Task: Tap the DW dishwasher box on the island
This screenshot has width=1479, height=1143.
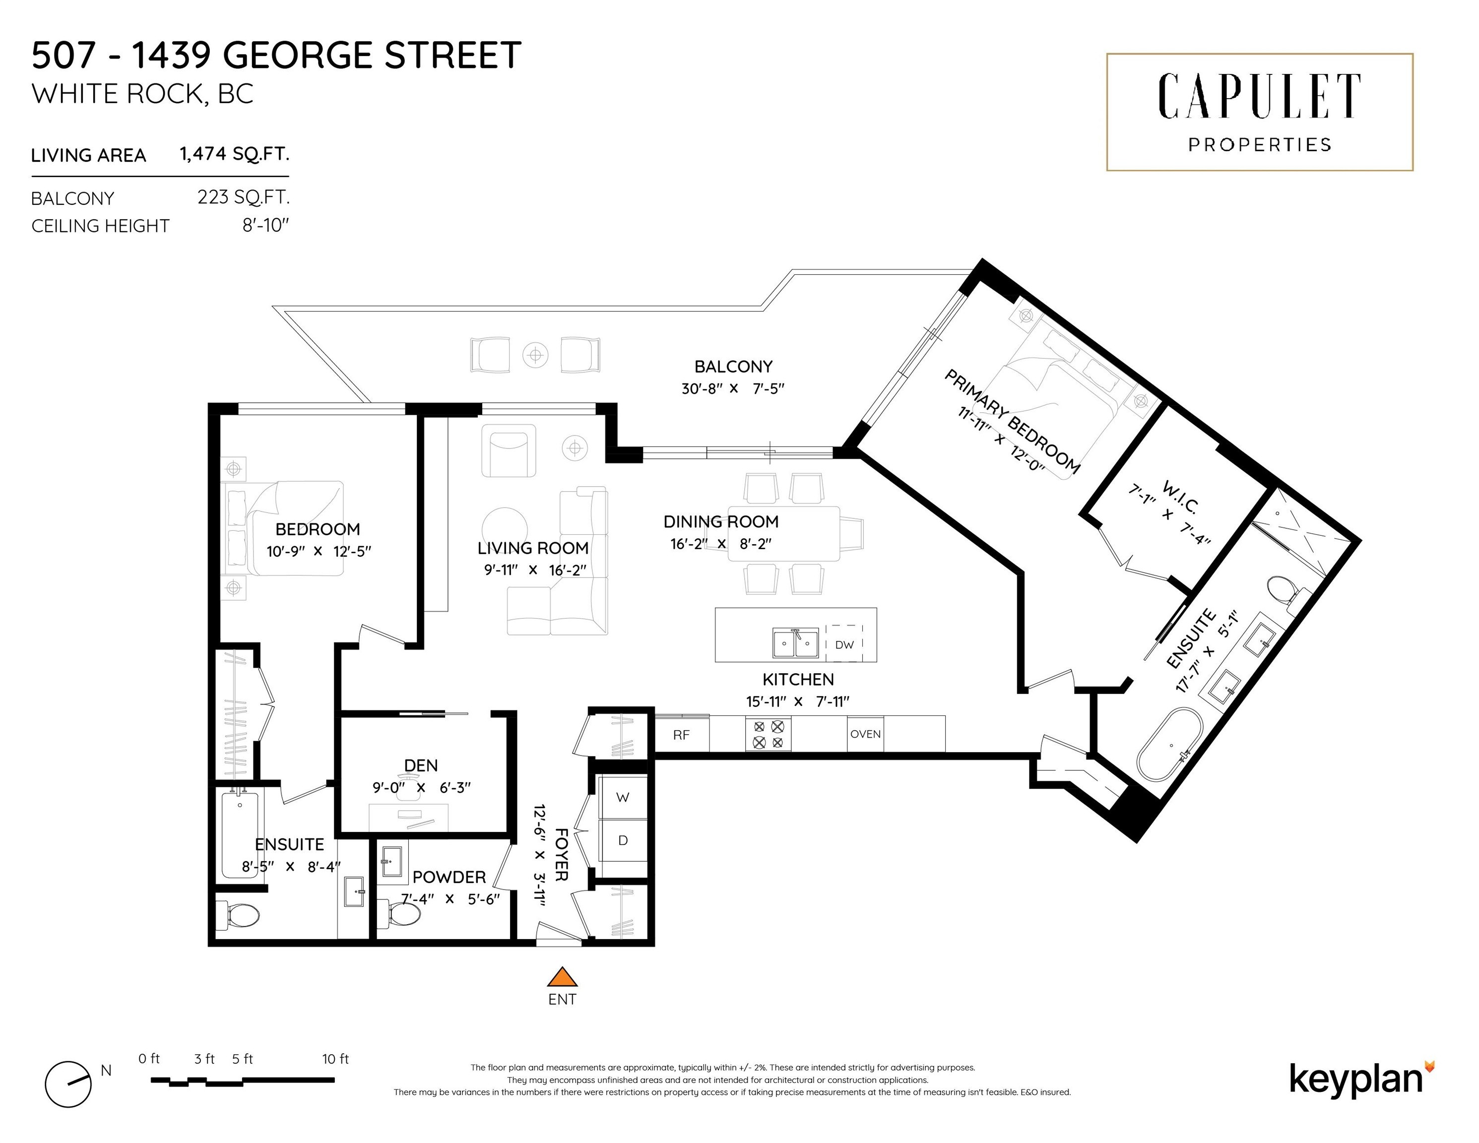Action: pos(844,644)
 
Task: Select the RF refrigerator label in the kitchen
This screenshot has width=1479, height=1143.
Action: pos(681,735)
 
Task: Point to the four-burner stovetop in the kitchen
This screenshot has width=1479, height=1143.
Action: pos(768,734)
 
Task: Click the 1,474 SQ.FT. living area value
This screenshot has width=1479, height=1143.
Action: pos(234,154)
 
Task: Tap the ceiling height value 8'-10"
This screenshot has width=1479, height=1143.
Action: pos(265,226)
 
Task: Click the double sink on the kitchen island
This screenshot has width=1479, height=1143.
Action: pos(796,643)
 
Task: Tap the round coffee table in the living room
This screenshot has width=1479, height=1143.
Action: pos(505,531)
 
